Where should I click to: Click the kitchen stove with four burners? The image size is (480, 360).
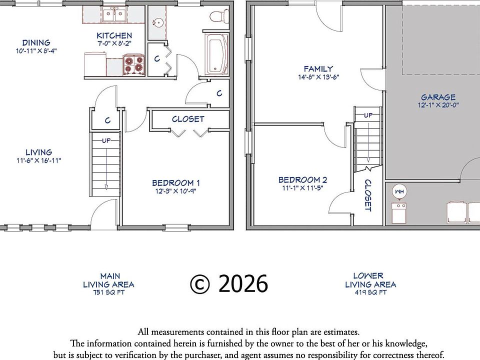(x=134, y=65)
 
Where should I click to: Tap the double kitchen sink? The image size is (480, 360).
(x=114, y=14)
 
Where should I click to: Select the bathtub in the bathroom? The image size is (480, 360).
(x=216, y=54)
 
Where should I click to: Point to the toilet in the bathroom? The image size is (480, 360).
(x=219, y=16)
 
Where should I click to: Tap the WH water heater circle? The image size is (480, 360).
(x=399, y=191)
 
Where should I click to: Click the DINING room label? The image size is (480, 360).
(x=36, y=42)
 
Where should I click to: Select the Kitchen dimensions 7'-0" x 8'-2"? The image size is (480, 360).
(x=114, y=43)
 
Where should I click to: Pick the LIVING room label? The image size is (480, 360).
(x=38, y=152)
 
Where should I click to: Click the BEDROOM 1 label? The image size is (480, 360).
(x=176, y=183)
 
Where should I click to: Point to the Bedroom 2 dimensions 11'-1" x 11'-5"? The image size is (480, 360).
(x=302, y=188)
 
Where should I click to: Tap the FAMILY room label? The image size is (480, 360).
(x=318, y=69)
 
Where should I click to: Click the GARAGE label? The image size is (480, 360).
(x=438, y=97)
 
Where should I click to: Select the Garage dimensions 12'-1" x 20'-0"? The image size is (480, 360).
(x=438, y=105)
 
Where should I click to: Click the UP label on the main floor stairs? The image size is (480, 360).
(x=106, y=140)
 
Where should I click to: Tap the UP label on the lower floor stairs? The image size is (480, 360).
(x=368, y=115)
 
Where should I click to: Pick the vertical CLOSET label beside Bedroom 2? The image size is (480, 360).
(x=368, y=195)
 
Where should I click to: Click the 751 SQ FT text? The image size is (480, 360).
(x=108, y=292)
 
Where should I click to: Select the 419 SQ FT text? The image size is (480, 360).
(x=370, y=292)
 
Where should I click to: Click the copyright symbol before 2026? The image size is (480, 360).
(x=200, y=284)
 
